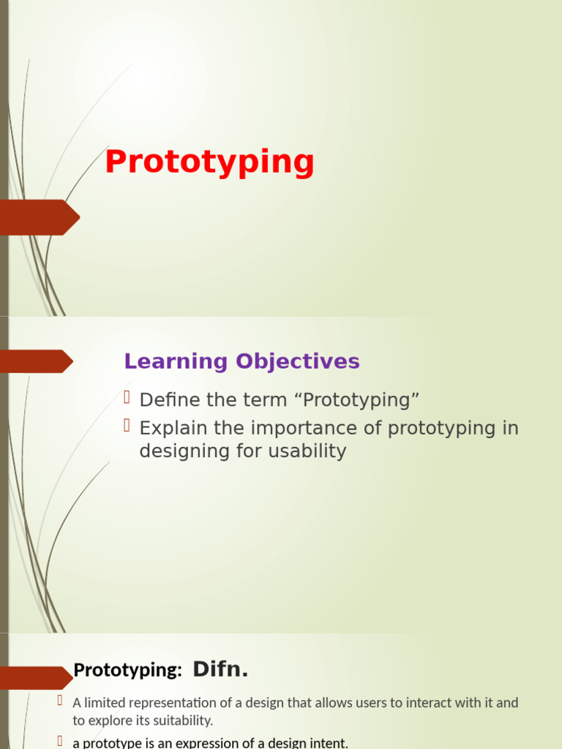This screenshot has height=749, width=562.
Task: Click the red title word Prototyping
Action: pyautogui.click(x=209, y=162)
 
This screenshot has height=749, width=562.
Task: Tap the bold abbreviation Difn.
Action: pyautogui.click(x=220, y=669)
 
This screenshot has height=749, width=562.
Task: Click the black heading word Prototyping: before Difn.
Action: pyautogui.click(x=127, y=670)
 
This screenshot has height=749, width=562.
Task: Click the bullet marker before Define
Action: pyautogui.click(x=127, y=398)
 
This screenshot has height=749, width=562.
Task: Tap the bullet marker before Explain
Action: pyautogui.click(x=127, y=426)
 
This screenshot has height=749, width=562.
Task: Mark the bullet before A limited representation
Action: pyautogui.click(x=61, y=701)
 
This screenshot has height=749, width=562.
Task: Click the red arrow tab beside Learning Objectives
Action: pyautogui.click(x=37, y=361)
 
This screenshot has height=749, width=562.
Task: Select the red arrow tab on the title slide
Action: pyautogui.click(x=40, y=217)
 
